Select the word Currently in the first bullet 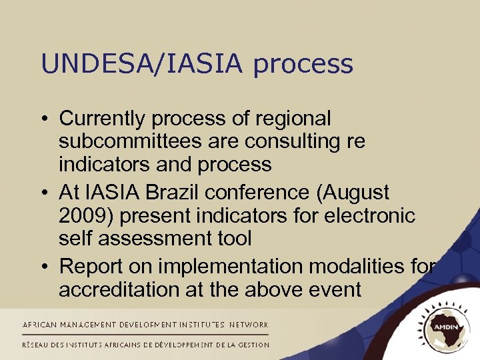pyautogui.click(x=103, y=119)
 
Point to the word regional pyautogui.click(x=292, y=119)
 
